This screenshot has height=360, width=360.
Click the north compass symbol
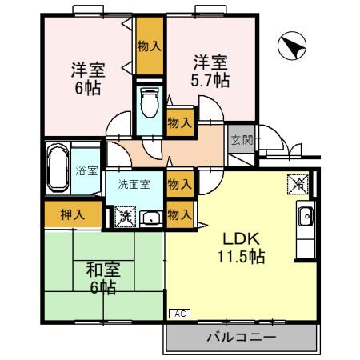tap(289, 47)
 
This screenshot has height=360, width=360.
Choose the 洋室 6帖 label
tap(85, 78)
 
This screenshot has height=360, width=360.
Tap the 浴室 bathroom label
tap(86, 170)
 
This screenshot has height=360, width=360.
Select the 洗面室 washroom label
tap(134, 184)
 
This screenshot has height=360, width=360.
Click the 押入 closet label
tap(72, 214)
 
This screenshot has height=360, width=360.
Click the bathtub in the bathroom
tap(57, 169)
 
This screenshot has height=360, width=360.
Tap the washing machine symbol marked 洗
tap(124, 216)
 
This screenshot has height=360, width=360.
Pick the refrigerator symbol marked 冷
tap(296, 184)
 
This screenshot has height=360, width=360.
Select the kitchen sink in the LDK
tap(306, 216)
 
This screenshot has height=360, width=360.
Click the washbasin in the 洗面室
tap(150, 217)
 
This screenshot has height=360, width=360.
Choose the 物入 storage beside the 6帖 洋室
tap(150, 46)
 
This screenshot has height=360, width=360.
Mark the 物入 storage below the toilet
tap(179, 122)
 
